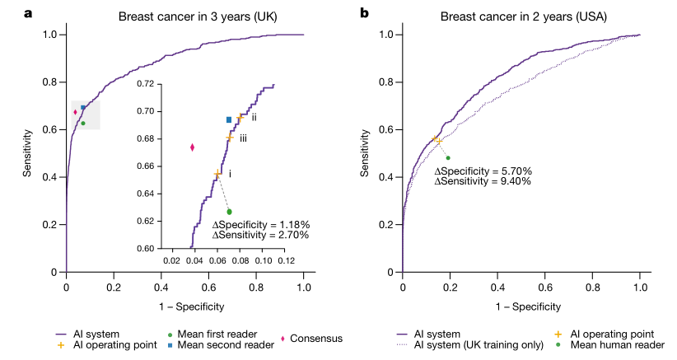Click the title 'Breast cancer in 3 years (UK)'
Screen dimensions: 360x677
point(184,16)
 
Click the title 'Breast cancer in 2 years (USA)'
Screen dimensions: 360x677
point(521,16)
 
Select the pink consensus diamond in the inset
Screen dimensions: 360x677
point(192,147)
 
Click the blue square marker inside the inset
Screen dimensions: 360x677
point(229,120)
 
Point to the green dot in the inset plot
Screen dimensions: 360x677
point(230,212)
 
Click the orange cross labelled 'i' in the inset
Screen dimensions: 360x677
point(217,174)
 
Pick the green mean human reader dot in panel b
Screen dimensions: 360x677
point(448,157)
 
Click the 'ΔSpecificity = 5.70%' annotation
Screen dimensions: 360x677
point(483,171)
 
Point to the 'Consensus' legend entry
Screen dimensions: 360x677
point(314,339)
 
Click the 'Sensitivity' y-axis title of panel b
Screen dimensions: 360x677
point(365,152)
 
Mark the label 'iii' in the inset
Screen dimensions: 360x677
point(244,139)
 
